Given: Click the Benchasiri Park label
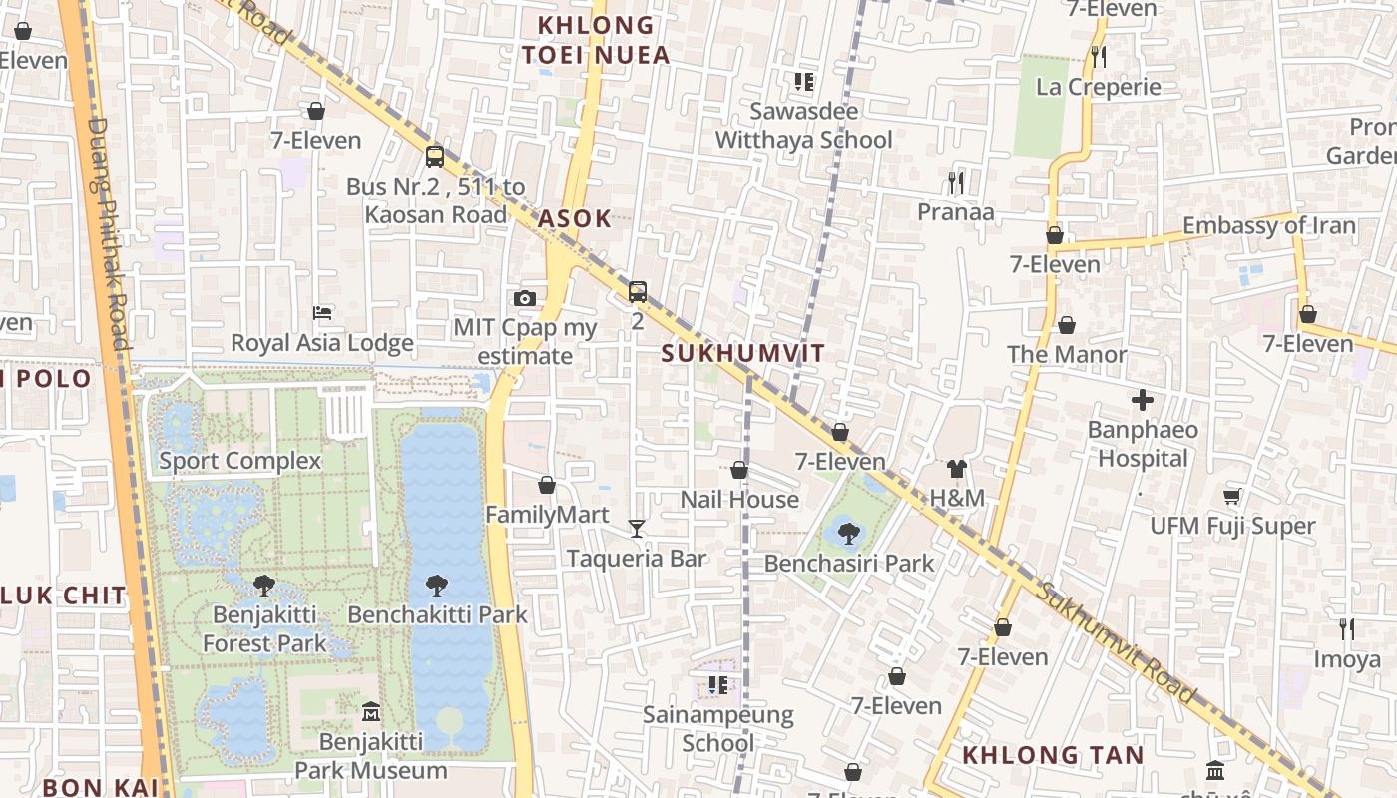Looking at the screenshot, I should pos(849,563).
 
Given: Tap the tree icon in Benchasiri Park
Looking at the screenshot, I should pos(849,533).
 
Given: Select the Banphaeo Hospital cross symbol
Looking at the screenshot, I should pos(1143,400).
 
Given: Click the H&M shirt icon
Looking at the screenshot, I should pos(957,468).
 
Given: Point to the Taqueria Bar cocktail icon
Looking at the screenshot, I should pos(637,528).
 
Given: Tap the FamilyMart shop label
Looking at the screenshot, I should pos(547,515).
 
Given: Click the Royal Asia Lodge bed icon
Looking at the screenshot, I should pos(322,313).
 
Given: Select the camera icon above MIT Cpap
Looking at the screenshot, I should pos(525,298).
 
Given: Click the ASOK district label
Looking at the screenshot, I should pos(575,219).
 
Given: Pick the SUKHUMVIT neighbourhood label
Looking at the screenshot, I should pos(743,353).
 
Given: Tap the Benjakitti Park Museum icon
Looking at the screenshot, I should pos(371,711).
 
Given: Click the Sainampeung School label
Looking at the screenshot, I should pos(718,728).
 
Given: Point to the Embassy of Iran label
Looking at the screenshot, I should pos(1269,226).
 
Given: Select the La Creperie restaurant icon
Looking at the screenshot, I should pos(1099,57).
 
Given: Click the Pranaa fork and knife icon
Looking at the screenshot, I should pos(956,182).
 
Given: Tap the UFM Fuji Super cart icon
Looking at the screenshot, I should pos(1232,496).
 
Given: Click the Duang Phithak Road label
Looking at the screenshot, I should pos(110,234).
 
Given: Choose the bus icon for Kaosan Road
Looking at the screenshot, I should pos(435,156).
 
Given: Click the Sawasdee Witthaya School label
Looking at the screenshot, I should pos(804,125).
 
